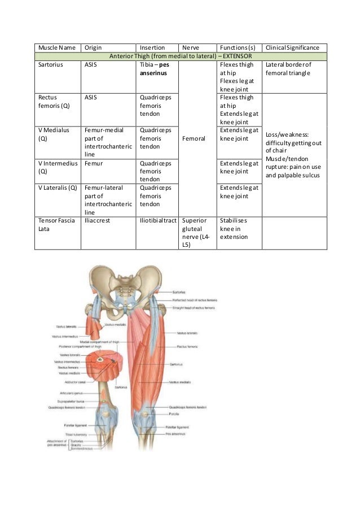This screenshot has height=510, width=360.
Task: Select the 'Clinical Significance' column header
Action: point(293,48)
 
